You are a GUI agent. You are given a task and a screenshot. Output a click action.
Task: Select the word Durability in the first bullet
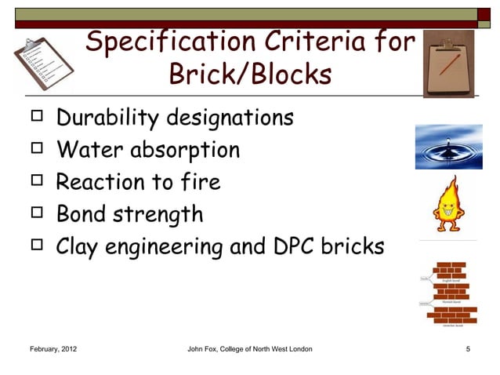tap(107, 119)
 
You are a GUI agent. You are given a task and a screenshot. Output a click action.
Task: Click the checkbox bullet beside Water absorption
tap(34, 150)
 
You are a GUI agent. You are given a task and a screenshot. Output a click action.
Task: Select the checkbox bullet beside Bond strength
tap(34, 214)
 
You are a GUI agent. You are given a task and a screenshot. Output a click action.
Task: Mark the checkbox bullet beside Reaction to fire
tap(34, 182)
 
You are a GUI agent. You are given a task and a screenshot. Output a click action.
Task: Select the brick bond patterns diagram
tap(451, 294)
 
